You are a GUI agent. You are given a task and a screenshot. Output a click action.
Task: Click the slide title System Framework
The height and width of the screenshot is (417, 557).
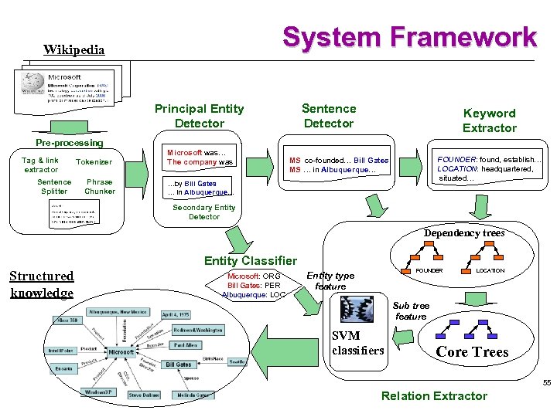click(409, 37)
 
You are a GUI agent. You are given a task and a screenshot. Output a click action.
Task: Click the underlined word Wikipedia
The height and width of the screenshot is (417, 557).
click(74, 50)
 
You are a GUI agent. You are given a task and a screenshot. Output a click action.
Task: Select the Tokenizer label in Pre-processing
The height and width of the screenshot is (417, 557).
click(94, 162)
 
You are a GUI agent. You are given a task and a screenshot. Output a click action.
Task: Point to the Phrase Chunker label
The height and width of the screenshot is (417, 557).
click(100, 187)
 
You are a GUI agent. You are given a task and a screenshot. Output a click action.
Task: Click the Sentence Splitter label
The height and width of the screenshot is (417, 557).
click(54, 187)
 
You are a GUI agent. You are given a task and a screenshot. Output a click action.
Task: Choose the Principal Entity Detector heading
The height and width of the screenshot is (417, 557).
click(199, 116)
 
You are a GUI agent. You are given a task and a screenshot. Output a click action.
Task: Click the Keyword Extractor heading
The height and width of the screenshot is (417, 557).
click(489, 120)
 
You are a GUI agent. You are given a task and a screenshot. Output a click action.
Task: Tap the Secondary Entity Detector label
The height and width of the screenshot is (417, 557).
click(204, 212)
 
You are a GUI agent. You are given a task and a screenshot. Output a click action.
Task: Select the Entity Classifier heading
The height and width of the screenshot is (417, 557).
click(250, 261)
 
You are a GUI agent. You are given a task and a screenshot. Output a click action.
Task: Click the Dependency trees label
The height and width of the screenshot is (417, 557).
click(464, 233)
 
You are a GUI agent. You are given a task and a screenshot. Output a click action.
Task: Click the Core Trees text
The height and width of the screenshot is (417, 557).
click(472, 352)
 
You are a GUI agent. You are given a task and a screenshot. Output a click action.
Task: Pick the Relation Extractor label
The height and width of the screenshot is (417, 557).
click(434, 396)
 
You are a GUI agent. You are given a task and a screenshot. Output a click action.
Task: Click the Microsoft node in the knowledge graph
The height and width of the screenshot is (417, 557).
click(121, 351)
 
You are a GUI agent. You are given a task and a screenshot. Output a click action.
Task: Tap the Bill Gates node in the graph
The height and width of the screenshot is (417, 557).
click(178, 364)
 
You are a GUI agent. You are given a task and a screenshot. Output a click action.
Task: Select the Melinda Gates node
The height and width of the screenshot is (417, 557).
click(192, 395)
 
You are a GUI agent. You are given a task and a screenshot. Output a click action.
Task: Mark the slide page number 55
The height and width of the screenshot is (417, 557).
click(546, 384)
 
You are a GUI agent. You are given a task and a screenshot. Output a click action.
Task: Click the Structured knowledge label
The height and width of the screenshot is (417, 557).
click(42, 284)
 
